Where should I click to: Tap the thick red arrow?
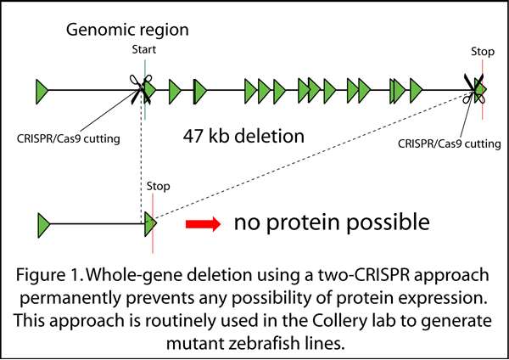(x=204, y=224)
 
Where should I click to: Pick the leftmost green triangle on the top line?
(x=42, y=87)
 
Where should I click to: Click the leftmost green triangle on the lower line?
(x=44, y=225)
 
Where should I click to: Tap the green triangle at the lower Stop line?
(x=150, y=224)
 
